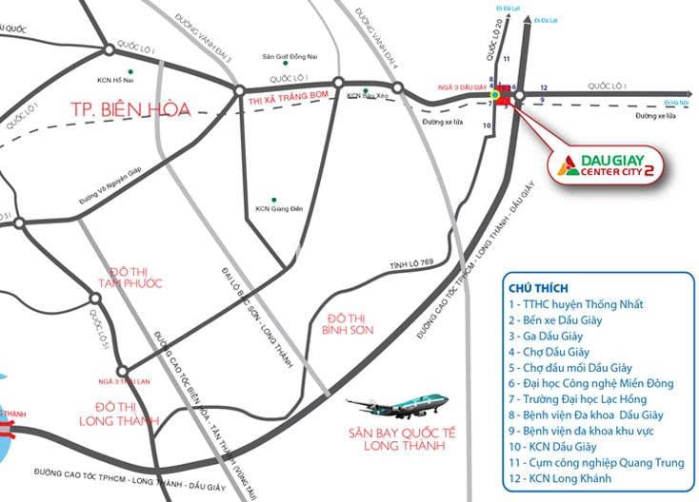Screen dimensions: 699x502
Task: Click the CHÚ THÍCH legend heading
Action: click(x=539, y=287)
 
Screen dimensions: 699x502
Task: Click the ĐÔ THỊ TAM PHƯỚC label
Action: click(x=130, y=277)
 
